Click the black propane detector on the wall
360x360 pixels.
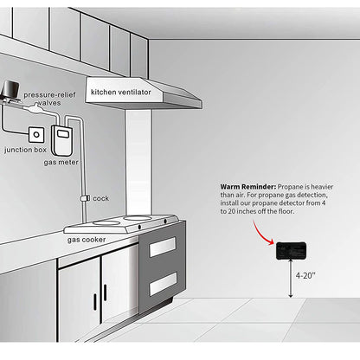point(291,250)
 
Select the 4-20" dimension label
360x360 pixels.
point(305,275)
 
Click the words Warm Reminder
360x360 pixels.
point(248,187)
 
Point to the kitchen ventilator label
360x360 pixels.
point(121,92)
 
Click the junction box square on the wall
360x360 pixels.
point(36,134)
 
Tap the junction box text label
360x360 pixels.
point(25,150)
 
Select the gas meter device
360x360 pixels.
point(61,140)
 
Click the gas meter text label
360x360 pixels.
point(61,163)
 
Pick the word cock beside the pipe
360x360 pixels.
point(101,198)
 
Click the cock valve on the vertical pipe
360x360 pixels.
point(84,198)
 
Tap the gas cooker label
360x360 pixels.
point(87,240)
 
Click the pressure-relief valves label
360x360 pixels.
point(49,99)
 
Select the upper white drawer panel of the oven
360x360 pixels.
point(163,247)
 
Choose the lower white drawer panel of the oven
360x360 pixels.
point(163,284)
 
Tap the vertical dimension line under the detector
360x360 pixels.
point(291,279)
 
